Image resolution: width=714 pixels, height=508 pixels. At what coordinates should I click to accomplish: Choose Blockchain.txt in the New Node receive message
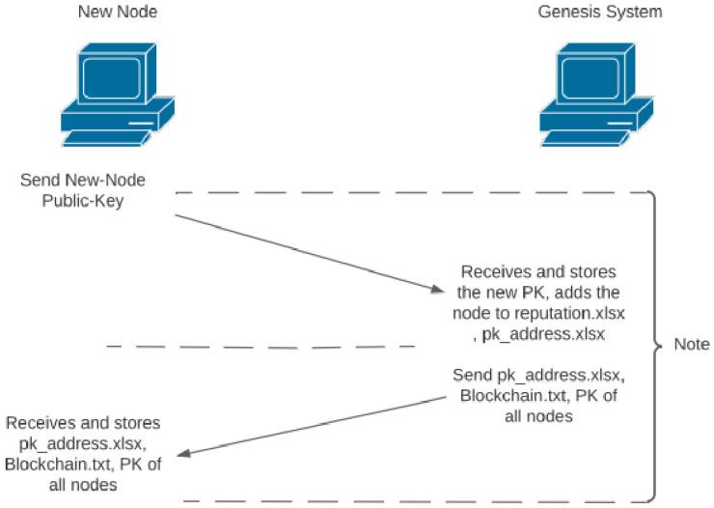[x=52, y=465]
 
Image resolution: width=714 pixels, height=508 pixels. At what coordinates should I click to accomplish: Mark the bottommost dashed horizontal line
[x=405, y=501]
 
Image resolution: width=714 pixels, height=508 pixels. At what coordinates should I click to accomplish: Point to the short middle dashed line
[x=261, y=345]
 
